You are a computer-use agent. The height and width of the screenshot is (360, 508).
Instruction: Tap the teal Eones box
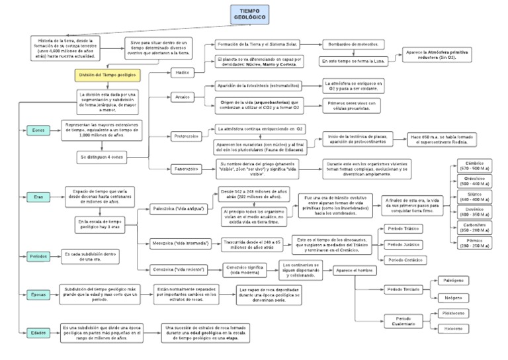coord(38,130)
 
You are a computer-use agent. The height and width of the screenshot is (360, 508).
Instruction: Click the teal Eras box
coord(38,197)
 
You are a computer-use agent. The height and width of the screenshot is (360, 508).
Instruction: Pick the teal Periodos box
coord(38,256)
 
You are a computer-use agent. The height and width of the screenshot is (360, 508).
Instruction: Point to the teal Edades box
coord(38,332)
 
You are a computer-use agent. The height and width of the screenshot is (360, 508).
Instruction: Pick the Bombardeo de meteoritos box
coord(355,44)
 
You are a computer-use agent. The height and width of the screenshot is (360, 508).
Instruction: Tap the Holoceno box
coord(452,329)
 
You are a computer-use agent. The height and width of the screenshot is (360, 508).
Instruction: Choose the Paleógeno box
coord(452,281)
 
